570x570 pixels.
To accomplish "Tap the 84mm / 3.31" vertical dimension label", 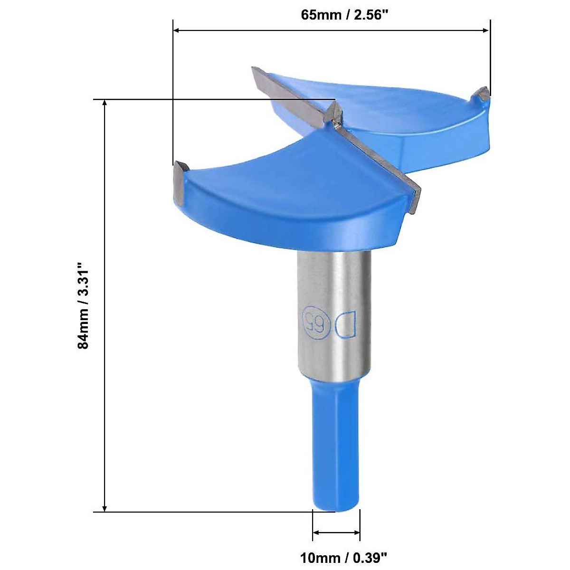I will coord(84,306).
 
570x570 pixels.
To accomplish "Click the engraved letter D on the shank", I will coord(344,324).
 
